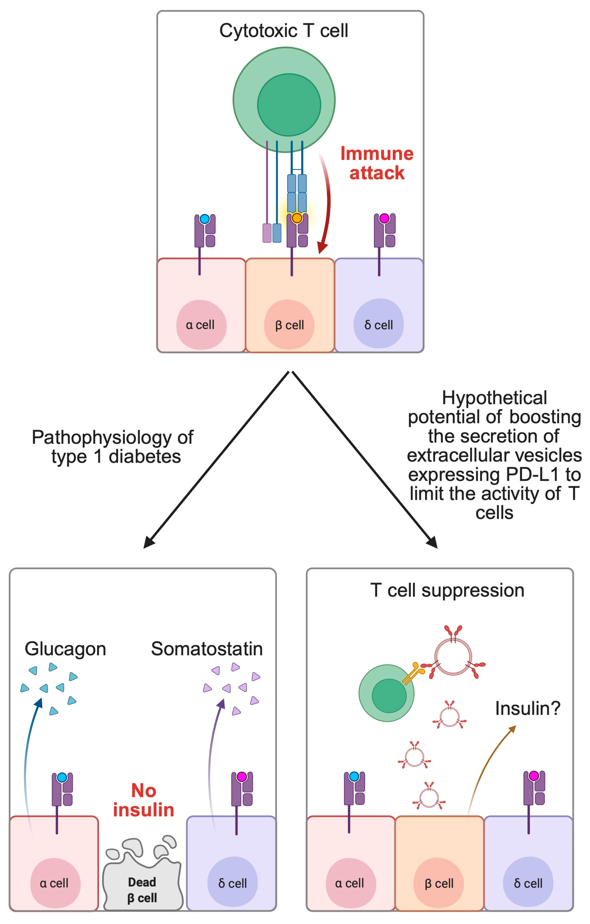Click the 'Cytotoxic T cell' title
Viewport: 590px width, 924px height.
pos(283,31)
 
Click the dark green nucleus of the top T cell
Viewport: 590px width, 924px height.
pos(289,105)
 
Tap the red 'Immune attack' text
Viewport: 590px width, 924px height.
pos(376,163)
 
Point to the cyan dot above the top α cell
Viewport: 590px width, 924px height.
pos(205,219)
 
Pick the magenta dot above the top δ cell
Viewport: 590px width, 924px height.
pos(384,218)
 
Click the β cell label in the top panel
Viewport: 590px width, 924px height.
pos(289,325)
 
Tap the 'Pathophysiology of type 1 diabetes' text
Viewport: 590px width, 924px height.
pos(113,447)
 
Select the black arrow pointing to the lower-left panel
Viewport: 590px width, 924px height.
pos(215,460)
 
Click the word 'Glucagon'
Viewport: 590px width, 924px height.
pos(65,649)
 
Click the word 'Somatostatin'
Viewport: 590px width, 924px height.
pos(207,649)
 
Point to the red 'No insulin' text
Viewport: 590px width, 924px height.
pos(143,800)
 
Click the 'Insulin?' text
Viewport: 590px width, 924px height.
pos(528,708)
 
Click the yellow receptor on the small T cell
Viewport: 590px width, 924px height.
pos(413,673)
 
